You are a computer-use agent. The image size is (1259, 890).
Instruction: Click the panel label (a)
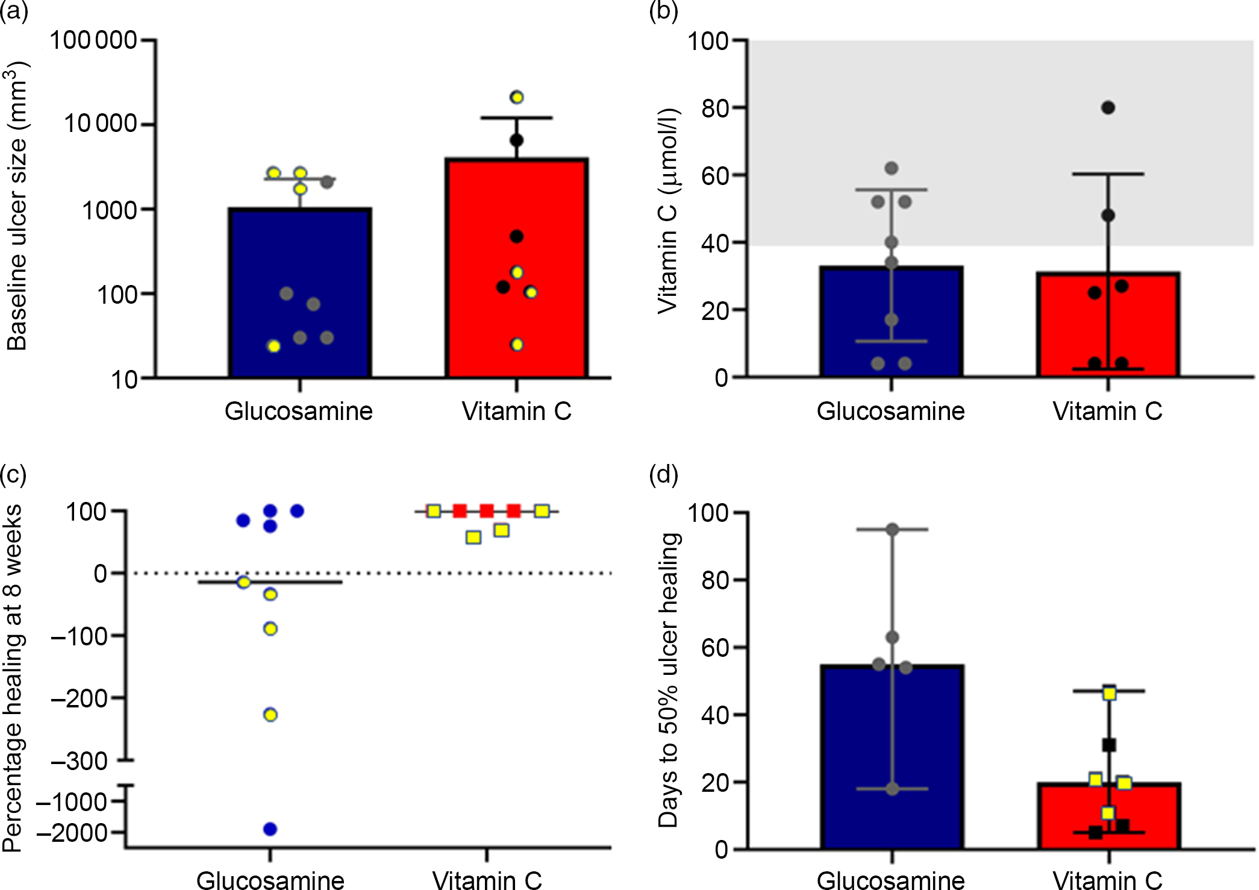point(14,11)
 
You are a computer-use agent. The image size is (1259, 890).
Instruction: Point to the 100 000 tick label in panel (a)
point(93,40)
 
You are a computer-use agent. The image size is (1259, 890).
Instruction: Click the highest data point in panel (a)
point(516,97)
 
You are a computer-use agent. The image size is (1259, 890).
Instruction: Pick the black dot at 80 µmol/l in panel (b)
point(1108,108)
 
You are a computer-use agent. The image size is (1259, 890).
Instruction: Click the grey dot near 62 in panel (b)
point(892,168)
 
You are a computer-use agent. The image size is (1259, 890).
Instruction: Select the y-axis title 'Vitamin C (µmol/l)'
point(667,211)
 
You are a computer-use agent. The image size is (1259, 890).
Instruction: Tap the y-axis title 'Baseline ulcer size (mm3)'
point(17,205)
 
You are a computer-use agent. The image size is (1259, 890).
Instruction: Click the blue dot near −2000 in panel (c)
point(270,829)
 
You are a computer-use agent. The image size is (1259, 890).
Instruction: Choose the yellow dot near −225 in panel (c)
point(270,715)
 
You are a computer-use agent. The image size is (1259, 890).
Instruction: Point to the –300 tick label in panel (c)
point(80,761)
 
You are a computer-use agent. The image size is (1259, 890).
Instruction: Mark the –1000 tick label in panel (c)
point(72,802)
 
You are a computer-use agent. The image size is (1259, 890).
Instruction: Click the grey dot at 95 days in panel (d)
point(892,530)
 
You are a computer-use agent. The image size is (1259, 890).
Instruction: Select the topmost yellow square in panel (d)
point(1109,694)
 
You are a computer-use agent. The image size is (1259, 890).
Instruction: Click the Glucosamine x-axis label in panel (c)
point(270,879)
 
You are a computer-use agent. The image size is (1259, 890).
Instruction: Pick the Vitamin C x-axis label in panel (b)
point(1107,411)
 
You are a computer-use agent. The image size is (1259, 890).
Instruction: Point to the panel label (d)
point(663,474)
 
